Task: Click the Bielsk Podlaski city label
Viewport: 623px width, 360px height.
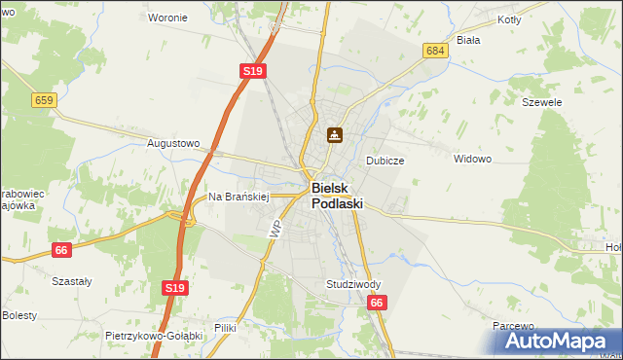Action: [x=337, y=197]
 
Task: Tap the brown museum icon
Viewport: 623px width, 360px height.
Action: [x=334, y=135]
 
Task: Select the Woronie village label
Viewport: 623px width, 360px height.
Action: [x=166, y=18]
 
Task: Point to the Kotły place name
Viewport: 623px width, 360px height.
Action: [x=509, y=19]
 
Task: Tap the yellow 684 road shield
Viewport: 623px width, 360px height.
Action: [x=436, y=50]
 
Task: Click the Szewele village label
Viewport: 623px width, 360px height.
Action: [x=542, y=102]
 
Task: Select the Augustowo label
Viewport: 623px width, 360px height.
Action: [x=172, y=143]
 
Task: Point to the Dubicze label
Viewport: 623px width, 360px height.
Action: [x=385, y=161]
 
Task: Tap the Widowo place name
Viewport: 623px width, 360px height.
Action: [x=473, y=159]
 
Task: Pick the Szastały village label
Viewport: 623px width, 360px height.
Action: [x=71, y=281]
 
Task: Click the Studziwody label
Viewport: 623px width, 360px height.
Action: [x=353, y=284]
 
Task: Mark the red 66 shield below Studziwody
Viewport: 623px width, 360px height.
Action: [x=378, y=305]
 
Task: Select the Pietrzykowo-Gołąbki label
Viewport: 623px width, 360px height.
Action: [x=153, y=336]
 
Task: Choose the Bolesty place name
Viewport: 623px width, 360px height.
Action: [x=18, y=316]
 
